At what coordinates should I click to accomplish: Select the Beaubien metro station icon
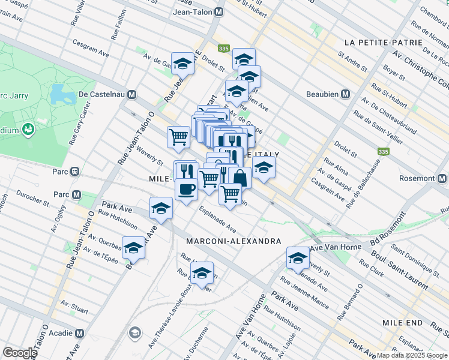coord(346,94)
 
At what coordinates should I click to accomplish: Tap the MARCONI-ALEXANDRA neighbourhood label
coord(234,241)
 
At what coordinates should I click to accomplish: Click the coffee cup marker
coord(186,188)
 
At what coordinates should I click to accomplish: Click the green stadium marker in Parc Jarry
coord(28,129)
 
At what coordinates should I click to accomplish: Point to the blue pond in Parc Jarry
coord(59,94)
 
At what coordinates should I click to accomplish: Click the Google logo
coord(20,352)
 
